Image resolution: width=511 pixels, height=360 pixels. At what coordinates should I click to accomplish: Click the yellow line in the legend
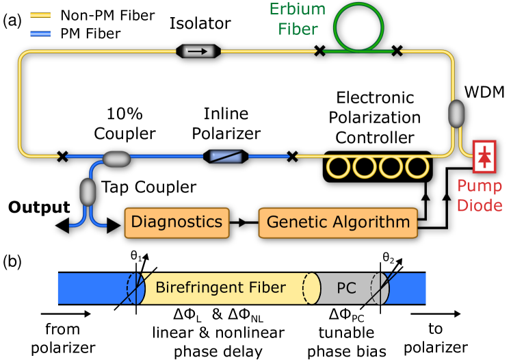click(x=40, y=15)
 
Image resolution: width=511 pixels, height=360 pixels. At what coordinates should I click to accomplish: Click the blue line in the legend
click(x=40, y=33)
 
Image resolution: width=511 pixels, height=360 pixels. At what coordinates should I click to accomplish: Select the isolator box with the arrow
click(x=198, y=51)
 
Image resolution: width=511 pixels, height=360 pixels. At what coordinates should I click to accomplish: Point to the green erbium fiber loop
click(x=358, y=27)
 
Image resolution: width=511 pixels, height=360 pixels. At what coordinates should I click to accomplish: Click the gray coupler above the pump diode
click(x=456, y=114)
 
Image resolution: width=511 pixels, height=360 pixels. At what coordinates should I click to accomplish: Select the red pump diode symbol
click(x=484, y=157)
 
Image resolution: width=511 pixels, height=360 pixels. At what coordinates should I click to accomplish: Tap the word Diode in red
click(x=480, y=205)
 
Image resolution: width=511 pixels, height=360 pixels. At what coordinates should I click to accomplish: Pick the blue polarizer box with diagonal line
click(x=226, y=157)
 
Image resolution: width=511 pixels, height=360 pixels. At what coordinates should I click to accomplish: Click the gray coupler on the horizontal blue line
click(x=116, y=159)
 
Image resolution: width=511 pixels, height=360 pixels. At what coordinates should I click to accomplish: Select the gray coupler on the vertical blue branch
click(x=88, y=192)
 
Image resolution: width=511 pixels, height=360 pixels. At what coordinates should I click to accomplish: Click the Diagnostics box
click(x=176, y=222)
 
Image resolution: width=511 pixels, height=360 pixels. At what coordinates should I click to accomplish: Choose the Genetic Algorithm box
click(x=338, y=222)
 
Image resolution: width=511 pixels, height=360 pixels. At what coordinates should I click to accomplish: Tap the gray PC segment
click(x=347, y=288)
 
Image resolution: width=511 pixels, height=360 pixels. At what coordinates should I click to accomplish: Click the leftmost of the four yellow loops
click(x=338, y=166)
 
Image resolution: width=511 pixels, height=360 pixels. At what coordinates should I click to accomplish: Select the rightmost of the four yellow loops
click(x=417, y=166)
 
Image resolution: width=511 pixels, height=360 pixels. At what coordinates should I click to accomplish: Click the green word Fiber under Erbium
click(x=298, y=29)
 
